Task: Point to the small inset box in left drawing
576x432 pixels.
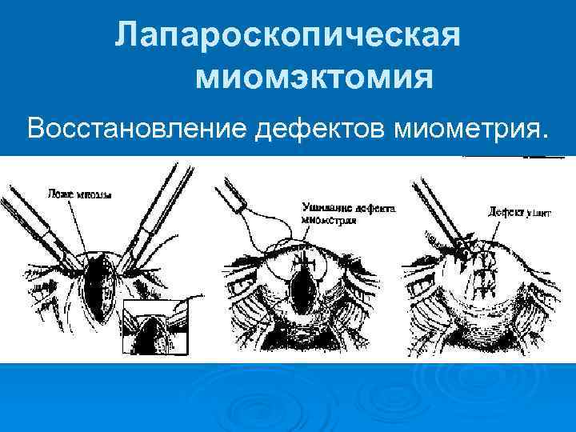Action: (158, 329)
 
